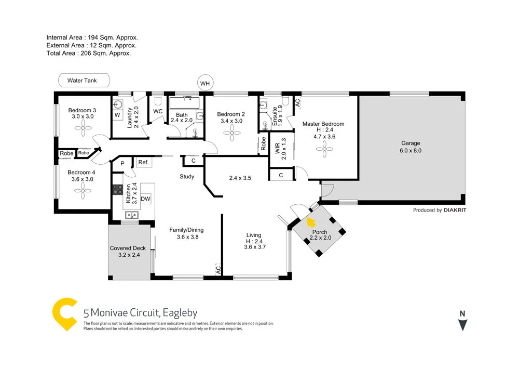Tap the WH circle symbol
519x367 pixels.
click(x=206, y=83)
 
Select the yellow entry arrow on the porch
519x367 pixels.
click(x=311, y=222)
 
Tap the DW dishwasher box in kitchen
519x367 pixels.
click(x=145, y=199)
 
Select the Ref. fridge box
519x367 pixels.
click(x=144, y=163)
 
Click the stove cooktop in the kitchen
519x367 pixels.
click(x=118, y=190)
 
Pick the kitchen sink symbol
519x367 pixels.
click(x=118, y=214)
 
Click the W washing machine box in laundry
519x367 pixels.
click(x=117, y=114)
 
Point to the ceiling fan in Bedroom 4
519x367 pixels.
click(x=83, y=191)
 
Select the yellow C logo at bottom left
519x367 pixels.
click(x=65, y=314)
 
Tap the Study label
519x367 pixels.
click(x=187, y=177)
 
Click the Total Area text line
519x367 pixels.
click(x=88, y=53)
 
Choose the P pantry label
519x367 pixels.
click(x=122, y=163)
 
